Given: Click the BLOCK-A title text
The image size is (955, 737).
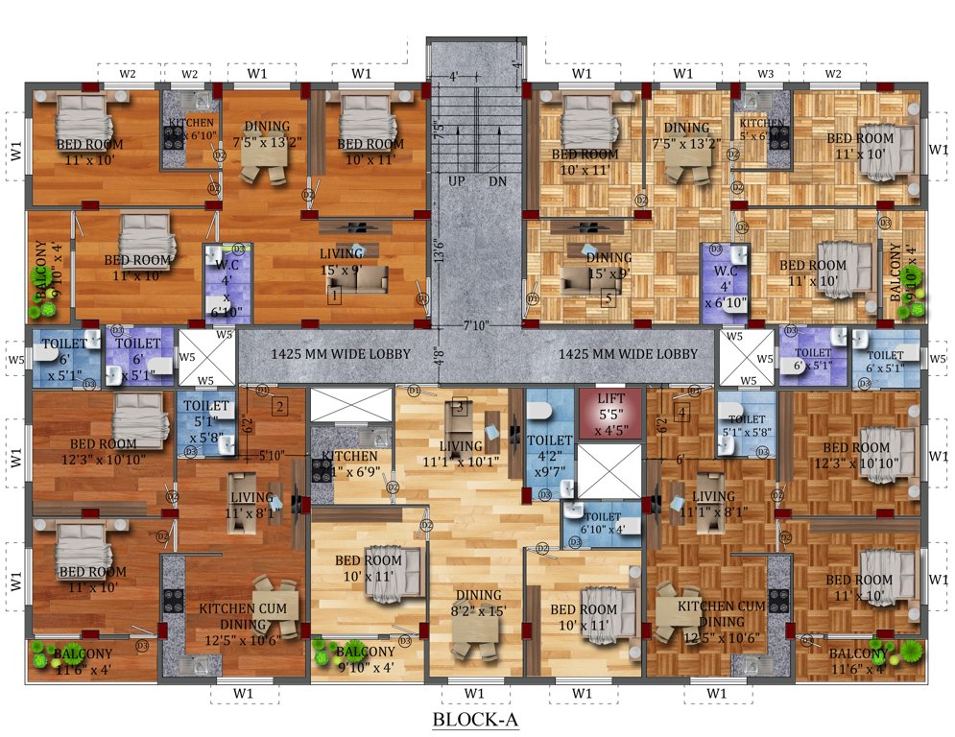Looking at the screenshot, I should click(x=477, y=718).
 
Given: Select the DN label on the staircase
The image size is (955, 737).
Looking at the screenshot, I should click(x=496, y=180).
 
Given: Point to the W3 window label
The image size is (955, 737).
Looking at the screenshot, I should click(x=765, y=74).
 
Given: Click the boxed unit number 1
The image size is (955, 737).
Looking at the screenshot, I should click(x=333, y=296).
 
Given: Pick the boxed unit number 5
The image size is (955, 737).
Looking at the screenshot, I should click(x=607, y=297).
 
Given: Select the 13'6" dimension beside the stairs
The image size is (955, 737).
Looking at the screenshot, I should click(x=440, y=251).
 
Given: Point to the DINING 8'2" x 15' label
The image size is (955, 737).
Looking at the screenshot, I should click(x=477, y=602).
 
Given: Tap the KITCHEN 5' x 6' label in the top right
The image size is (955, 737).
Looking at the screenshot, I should click(x=761, y=129).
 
